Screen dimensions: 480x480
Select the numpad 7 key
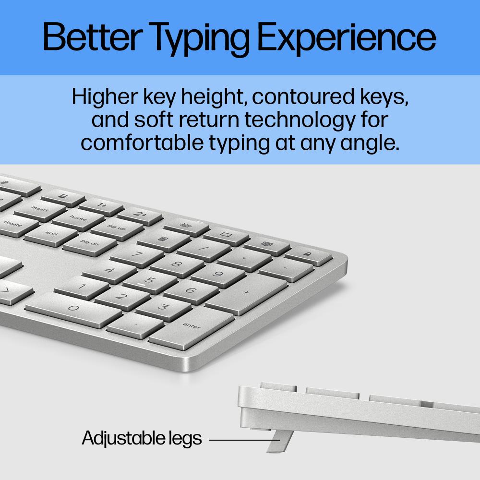tap(137, 254)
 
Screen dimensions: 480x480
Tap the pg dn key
tap(88, 242)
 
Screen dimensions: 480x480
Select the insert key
tap(40, 209)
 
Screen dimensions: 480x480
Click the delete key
tap(13, 224)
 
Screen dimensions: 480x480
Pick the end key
tap(51, 233)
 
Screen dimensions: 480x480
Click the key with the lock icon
tap(307, 254)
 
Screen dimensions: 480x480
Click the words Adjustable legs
tap(142, 438)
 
